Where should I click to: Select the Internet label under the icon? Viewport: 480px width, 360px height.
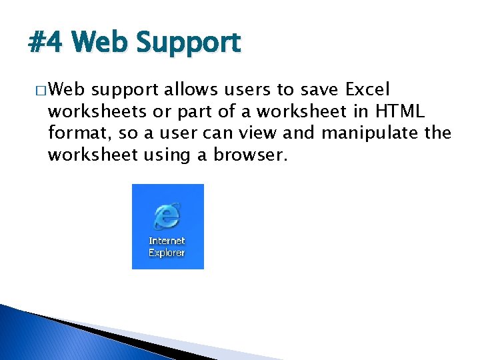click(167, 241)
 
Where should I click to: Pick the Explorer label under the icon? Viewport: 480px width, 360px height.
click(167, 253)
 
